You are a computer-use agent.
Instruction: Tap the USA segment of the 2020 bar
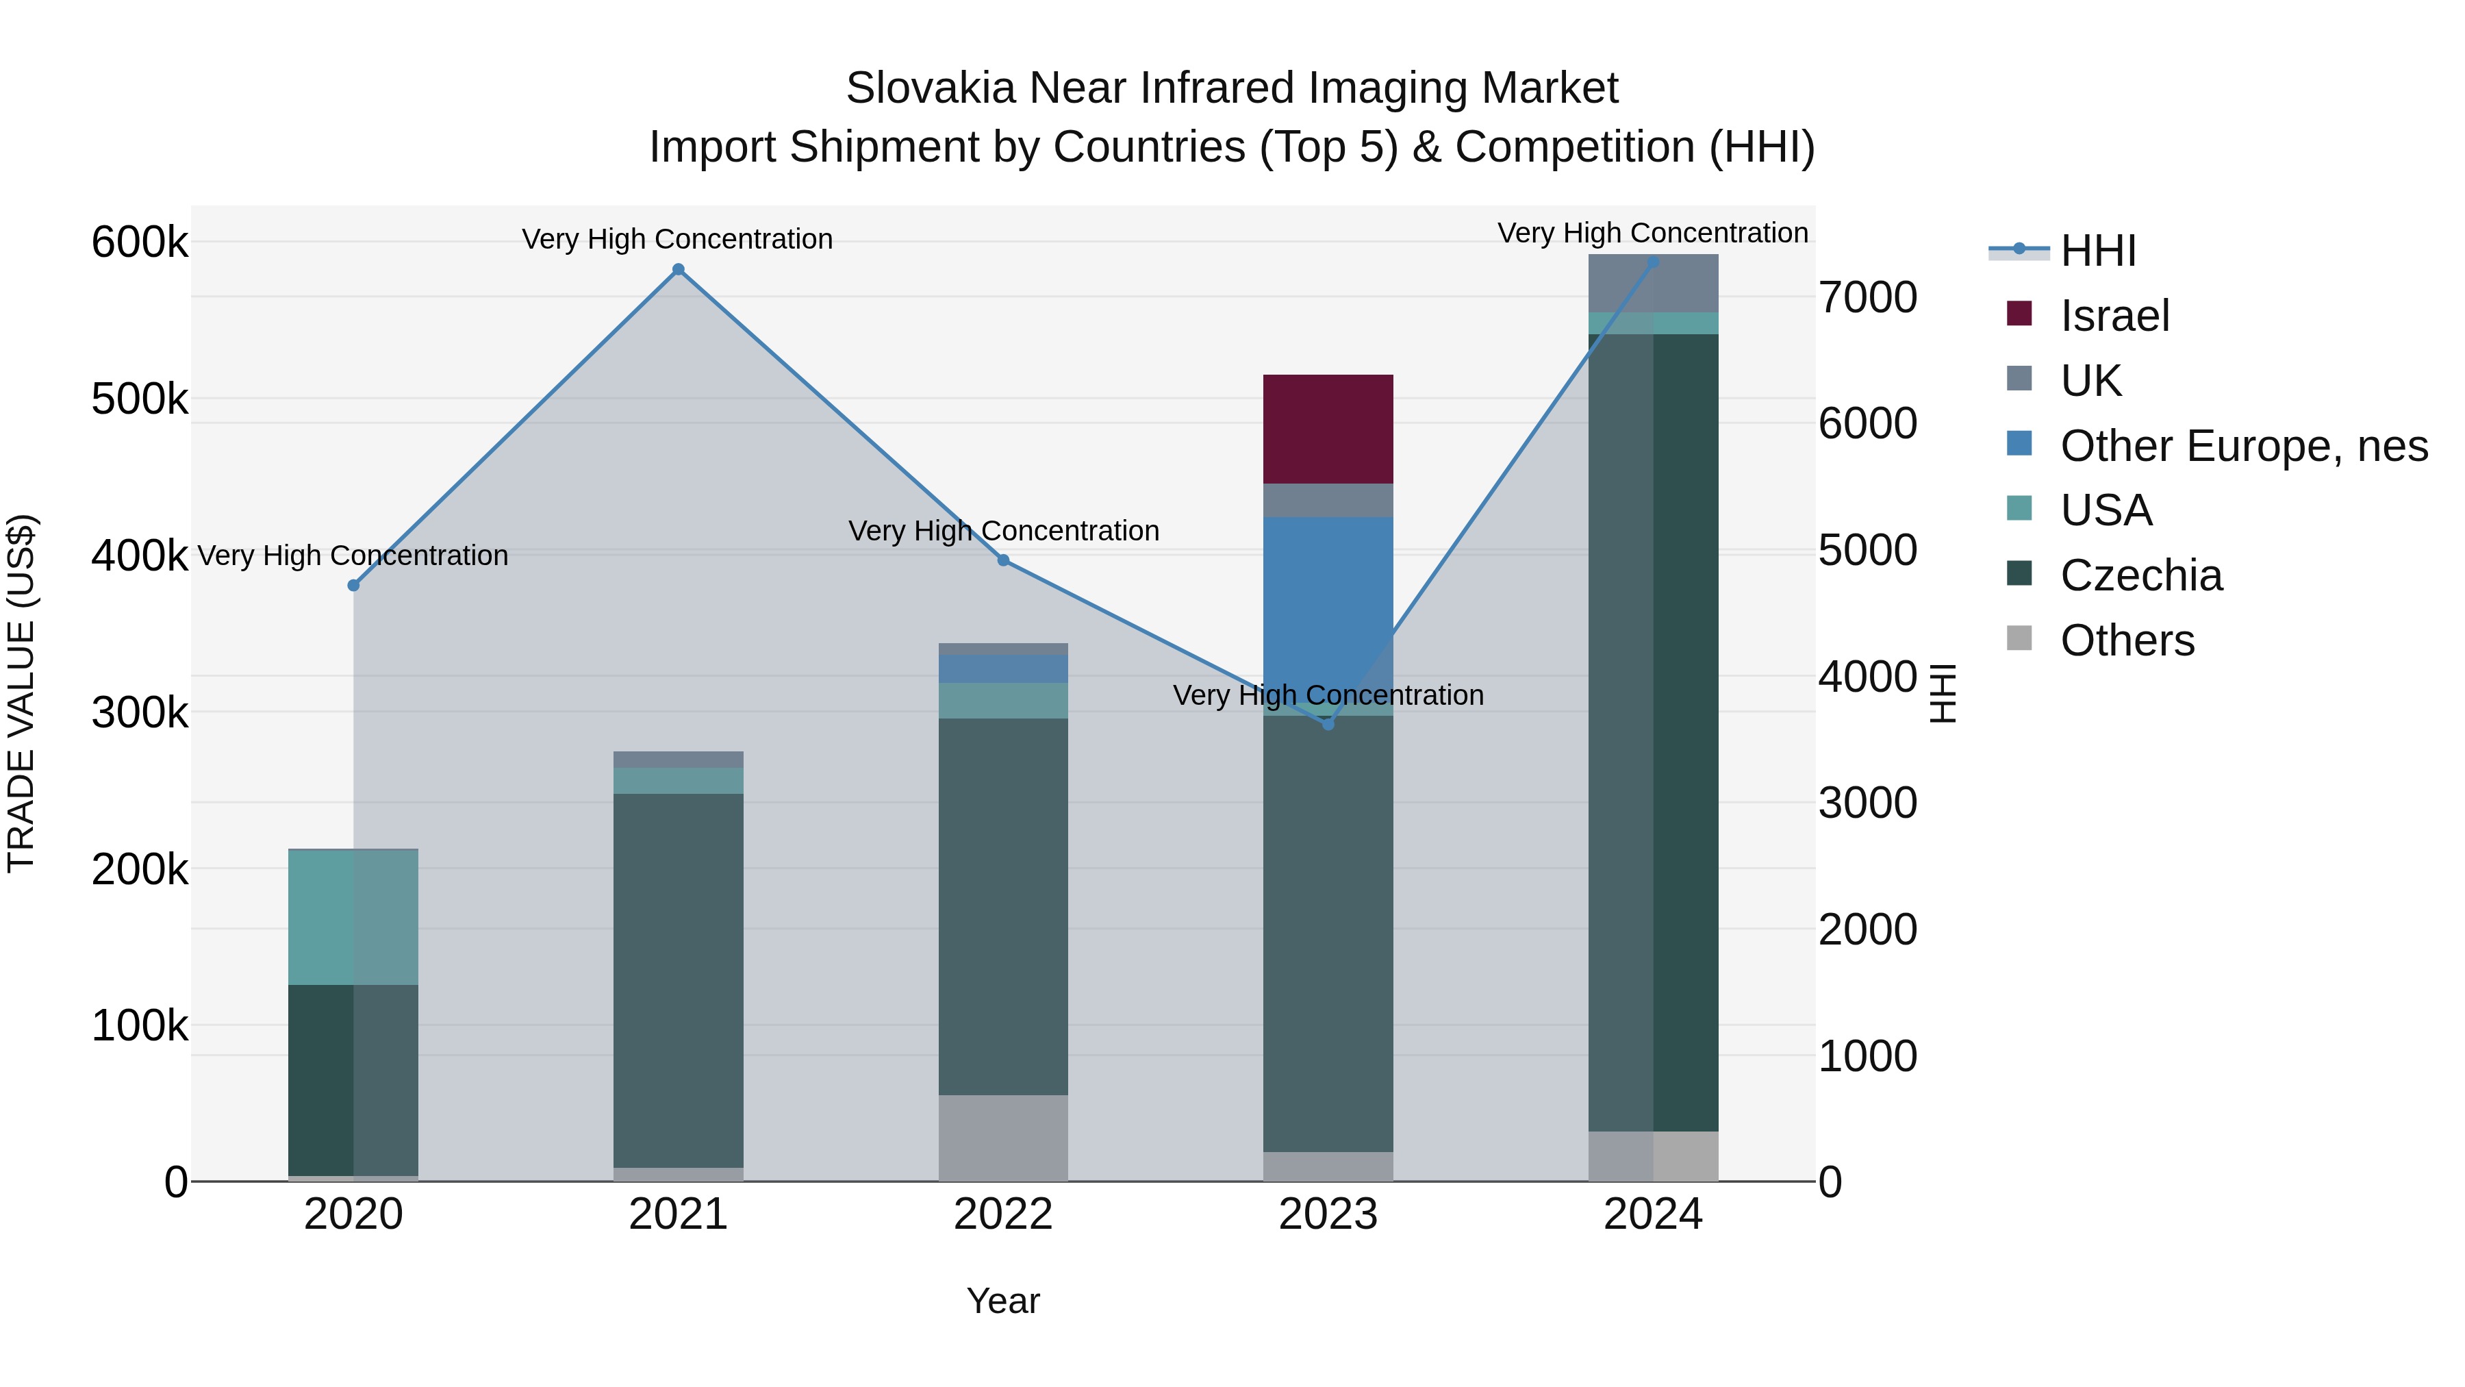click(353, 917)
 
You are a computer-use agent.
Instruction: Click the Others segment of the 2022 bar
click(1003, 1137)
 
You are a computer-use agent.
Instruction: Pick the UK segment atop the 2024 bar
click(1653, 284)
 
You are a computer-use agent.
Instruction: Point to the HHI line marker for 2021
click(679, 270)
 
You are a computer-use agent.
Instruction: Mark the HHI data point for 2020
click(353, 586)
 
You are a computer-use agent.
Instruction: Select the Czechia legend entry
click(2140, 575)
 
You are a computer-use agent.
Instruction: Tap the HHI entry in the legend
click(2097, 251)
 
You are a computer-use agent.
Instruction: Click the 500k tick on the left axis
click(140, 399)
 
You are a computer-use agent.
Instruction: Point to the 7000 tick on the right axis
click(1867, 298)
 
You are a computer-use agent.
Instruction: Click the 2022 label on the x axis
click(1003, 1214)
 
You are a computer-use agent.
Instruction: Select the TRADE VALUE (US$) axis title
click(21, 693)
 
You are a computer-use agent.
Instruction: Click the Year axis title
click(1003, 1301)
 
